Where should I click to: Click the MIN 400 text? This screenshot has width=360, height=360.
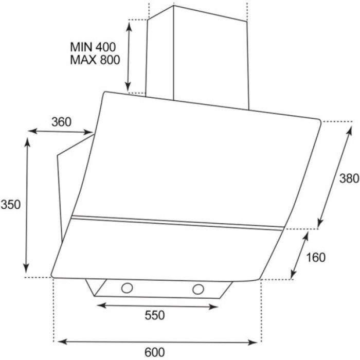click(93, 47)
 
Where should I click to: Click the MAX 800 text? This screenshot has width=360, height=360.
click(95, 60)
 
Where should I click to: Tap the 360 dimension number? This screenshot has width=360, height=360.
click(61, 122)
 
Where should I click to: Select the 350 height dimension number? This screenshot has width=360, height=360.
click(11, 204)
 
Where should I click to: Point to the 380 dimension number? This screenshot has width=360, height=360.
click(349, 178)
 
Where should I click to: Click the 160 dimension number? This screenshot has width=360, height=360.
click(316, 257)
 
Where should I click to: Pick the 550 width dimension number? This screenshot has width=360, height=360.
click(155, 315)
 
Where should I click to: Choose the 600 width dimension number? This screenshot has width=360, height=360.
click(155, 352)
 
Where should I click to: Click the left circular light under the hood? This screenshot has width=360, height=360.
click(127, 288)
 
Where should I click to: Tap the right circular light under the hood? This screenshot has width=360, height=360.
click(198, 289)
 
